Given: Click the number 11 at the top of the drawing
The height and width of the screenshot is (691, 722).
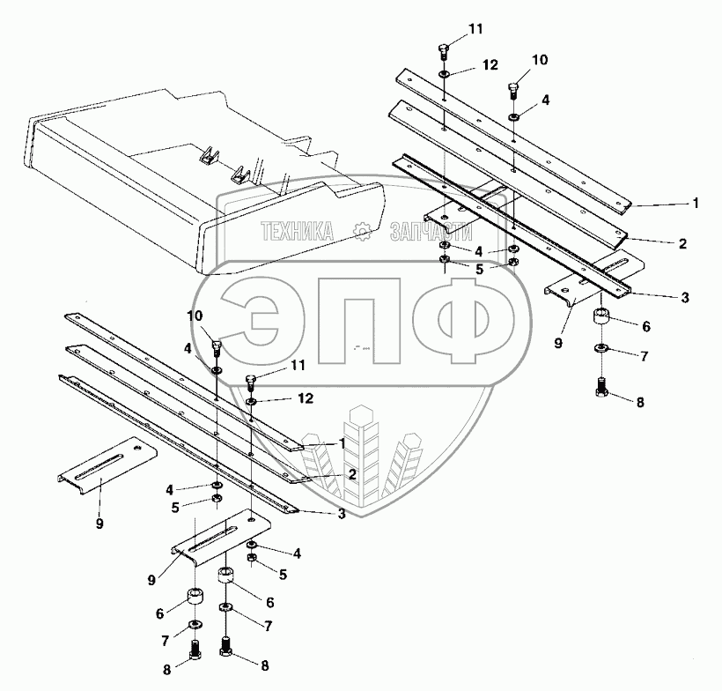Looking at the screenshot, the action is pos(475,29).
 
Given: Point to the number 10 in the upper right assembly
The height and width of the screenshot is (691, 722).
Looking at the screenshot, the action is pos(540,61).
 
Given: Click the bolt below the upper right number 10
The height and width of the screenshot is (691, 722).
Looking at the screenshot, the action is pos(514,90).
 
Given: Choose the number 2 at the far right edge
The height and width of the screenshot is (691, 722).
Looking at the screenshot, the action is pos(683,242).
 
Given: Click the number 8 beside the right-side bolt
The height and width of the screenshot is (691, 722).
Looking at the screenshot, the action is pos(639,401).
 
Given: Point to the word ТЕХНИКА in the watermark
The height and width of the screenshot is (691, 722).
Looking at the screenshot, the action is pos(297,232).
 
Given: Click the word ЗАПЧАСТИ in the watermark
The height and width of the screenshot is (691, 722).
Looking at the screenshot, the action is pos(431,232).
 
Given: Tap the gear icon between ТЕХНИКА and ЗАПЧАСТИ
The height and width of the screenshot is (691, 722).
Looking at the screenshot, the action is pos(361,232).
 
